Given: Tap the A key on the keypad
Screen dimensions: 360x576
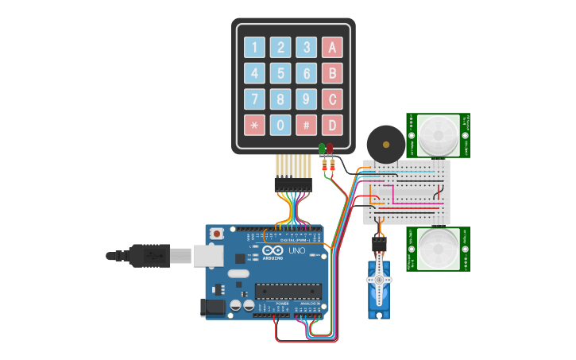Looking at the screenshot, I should point(332,48).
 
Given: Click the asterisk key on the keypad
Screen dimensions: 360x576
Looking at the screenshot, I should point(254,125).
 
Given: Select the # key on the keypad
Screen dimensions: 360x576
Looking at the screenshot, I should point(306,125).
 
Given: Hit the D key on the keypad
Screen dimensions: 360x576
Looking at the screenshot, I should point(332,125).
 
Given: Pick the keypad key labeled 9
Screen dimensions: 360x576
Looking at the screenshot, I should point(306,99).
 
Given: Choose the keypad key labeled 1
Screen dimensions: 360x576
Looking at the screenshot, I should point(254,48).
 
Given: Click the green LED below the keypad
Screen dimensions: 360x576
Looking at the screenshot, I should point(322,149).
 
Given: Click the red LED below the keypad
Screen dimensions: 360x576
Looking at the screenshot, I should point(330,149).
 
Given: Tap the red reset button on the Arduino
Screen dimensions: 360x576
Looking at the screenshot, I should point(217,234).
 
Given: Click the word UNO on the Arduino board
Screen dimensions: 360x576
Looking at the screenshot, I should point(296,251).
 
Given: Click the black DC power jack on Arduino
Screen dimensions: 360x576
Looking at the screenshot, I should point(213,308).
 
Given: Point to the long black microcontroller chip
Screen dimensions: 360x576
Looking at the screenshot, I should point(288,292).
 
